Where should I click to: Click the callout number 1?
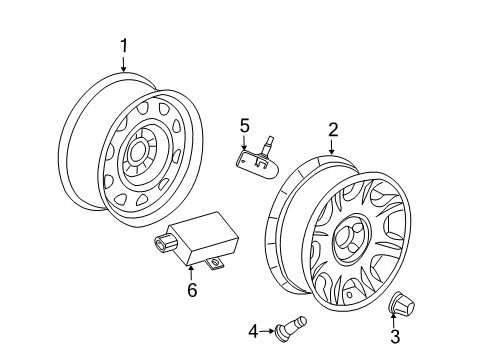point(124,45)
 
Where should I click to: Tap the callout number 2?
point(333,128)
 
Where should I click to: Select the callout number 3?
point(394,336)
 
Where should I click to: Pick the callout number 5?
point(242,126)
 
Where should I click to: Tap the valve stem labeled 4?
point(290,328)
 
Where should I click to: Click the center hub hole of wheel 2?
point(356,238)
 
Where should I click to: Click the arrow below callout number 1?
point(124,62)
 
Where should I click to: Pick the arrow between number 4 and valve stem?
point(267,329)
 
